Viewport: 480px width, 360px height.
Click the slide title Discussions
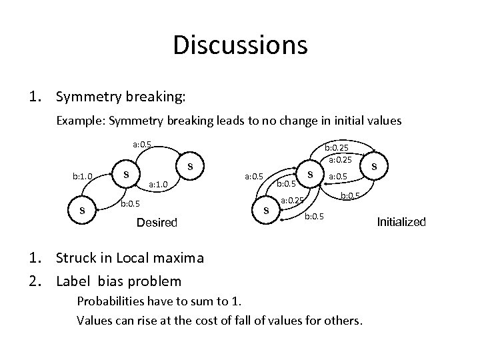pyautogui.click(x=240, y=45)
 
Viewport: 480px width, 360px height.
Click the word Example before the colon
pyautogui.click(x=80, y=122)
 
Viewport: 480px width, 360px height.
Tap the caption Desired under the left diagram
pyautogui.click(x=157, y=222)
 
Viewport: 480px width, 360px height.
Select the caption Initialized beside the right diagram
pyautogui.click(x=401, y=222)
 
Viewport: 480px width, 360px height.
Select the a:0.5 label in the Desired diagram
pyautogui.click(x=142, y=143)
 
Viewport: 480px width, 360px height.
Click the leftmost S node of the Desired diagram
pyautogui.click(x=82, y=211)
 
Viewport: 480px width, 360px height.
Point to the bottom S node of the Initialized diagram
pyautogui.click(x=266, y=211)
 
